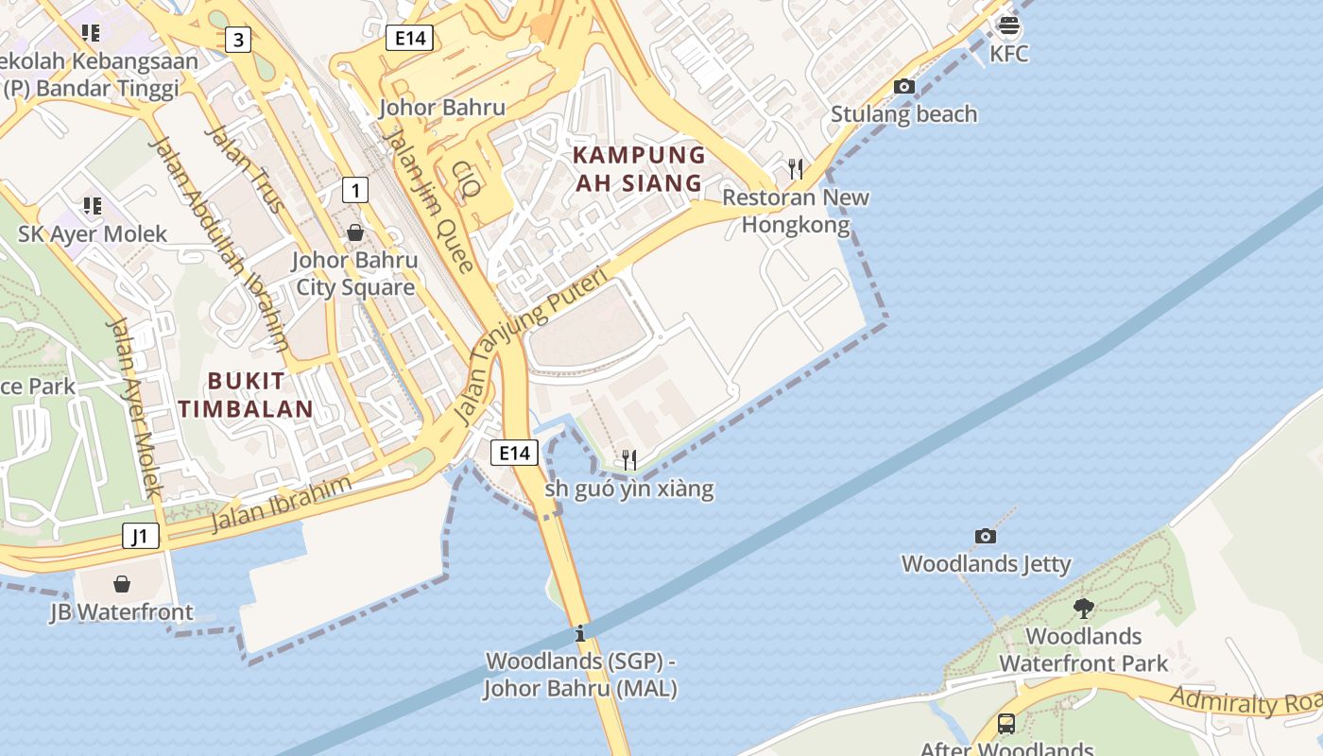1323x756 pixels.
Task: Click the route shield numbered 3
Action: [x=238, y=40]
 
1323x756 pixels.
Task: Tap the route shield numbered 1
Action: [x=354, y=190]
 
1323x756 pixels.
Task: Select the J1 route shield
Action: [x=140, y=537]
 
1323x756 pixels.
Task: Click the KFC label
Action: [x=1008, y=54]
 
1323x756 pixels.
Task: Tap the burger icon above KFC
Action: [x=1008, y=26]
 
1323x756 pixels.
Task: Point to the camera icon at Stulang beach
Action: [x=904, y=87]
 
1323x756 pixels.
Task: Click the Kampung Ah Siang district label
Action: [x=640, y=168]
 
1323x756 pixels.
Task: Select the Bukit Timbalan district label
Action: [x=246, y=395]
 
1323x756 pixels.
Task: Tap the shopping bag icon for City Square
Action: [x=355, y=232]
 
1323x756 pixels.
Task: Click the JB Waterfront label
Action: [x=122, y=611]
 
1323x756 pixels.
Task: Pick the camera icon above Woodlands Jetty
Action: [x=986, y=537]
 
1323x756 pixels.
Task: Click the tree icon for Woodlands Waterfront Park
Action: [x=1083, y=609]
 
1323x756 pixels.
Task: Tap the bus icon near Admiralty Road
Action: [x=1006, y=725]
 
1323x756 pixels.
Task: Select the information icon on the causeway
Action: [x=580, y=633]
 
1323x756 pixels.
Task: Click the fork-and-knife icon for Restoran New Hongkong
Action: [x=796, y=169]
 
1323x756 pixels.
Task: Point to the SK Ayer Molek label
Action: [x=93, y=233]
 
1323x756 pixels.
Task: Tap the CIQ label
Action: [x=464, y=179]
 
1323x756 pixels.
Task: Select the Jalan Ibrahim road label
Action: [x=281, y=504]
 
